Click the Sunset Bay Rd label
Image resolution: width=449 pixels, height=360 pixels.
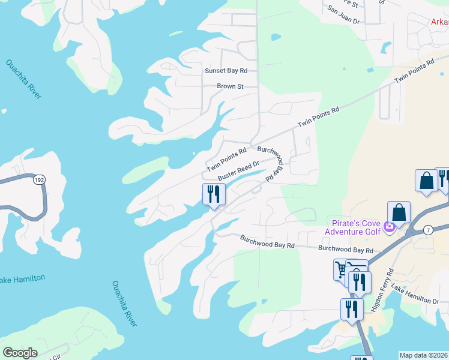pos(226,70)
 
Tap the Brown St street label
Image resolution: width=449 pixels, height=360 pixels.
pos(230,86)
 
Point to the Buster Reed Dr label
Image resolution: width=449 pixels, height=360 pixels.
pos(238,170)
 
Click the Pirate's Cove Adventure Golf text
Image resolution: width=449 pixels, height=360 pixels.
pos(354,227)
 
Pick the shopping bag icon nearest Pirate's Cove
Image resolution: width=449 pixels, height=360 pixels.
pos(399,212)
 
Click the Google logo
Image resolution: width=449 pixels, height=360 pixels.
pos(20,353)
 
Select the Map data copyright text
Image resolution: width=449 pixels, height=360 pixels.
pos(423,355)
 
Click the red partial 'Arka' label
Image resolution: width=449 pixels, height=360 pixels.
pos(439,22)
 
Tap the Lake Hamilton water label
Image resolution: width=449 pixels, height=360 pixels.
pos(22,280)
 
